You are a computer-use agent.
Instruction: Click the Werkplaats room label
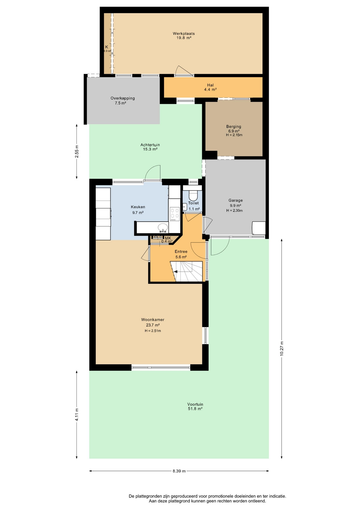point(184,33)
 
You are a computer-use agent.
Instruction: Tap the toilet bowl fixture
point(193,195)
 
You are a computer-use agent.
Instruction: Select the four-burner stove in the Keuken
point(175,214)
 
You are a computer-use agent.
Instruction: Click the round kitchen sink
point(163,227)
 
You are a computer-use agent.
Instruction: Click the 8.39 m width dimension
point(179,471)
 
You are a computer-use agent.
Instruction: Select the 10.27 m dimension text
point(282,348)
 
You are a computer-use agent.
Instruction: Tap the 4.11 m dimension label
point(77,414)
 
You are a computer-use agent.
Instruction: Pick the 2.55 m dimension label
point(77,151)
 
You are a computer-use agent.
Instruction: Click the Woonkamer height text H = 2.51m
point(153,331)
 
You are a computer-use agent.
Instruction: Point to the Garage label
point(236,200)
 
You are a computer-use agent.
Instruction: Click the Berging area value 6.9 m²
point(234,131)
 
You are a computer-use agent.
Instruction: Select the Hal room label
point(210,85)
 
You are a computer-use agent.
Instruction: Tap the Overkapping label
point(123,98)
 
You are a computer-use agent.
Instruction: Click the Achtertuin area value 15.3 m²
point(150,149)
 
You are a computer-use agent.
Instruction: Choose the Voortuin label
point(195,404)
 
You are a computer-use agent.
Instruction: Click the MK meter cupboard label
point(168,238)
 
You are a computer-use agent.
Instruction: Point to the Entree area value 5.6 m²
point(181,257)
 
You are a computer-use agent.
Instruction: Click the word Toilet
point(193,203)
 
